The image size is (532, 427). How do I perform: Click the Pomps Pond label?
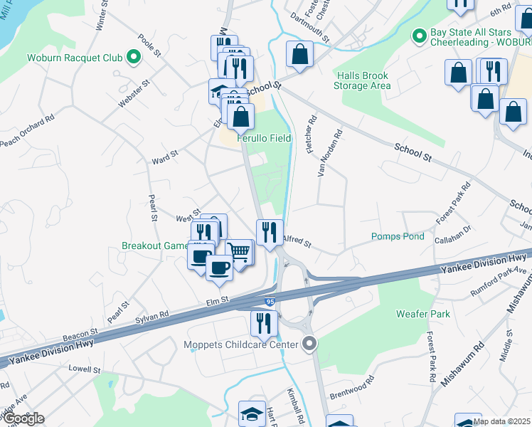[398, 236]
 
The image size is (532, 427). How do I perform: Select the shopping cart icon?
[240, 252]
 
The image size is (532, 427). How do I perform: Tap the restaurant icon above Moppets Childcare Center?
[263, 322]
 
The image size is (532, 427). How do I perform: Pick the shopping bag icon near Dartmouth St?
[300, 54]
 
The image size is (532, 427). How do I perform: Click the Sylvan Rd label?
[153, 316]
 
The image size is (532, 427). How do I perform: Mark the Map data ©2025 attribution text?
[502, 421]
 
